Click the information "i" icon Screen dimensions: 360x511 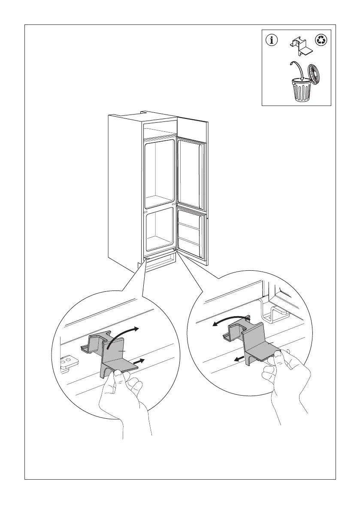pos(271,41)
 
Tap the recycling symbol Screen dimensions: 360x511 pos(321,41)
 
